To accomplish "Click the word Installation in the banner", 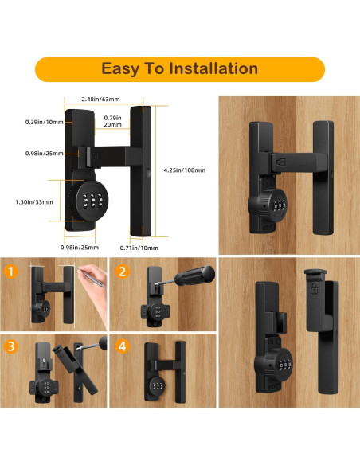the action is click(213, 68).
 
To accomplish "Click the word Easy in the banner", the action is click(120, 69).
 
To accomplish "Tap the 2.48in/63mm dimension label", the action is click(101, 99).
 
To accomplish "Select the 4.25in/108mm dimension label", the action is click(185, 170).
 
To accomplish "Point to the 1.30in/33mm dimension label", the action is click(34, 202).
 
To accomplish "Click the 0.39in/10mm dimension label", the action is click(44, 122).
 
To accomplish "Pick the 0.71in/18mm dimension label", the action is click(139, 248).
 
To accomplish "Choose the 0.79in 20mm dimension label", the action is click(112, 121).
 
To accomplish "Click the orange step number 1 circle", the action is click(11, 272).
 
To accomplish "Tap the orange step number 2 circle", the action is click(122, 272).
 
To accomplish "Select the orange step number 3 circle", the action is click(11, 346).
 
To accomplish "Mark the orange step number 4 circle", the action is click(122, 346).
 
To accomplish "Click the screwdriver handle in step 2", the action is click(194, 275).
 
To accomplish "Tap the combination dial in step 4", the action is click(156, 385).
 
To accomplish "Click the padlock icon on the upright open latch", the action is click(315, 288).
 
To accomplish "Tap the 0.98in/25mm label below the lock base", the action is click(80, 248).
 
